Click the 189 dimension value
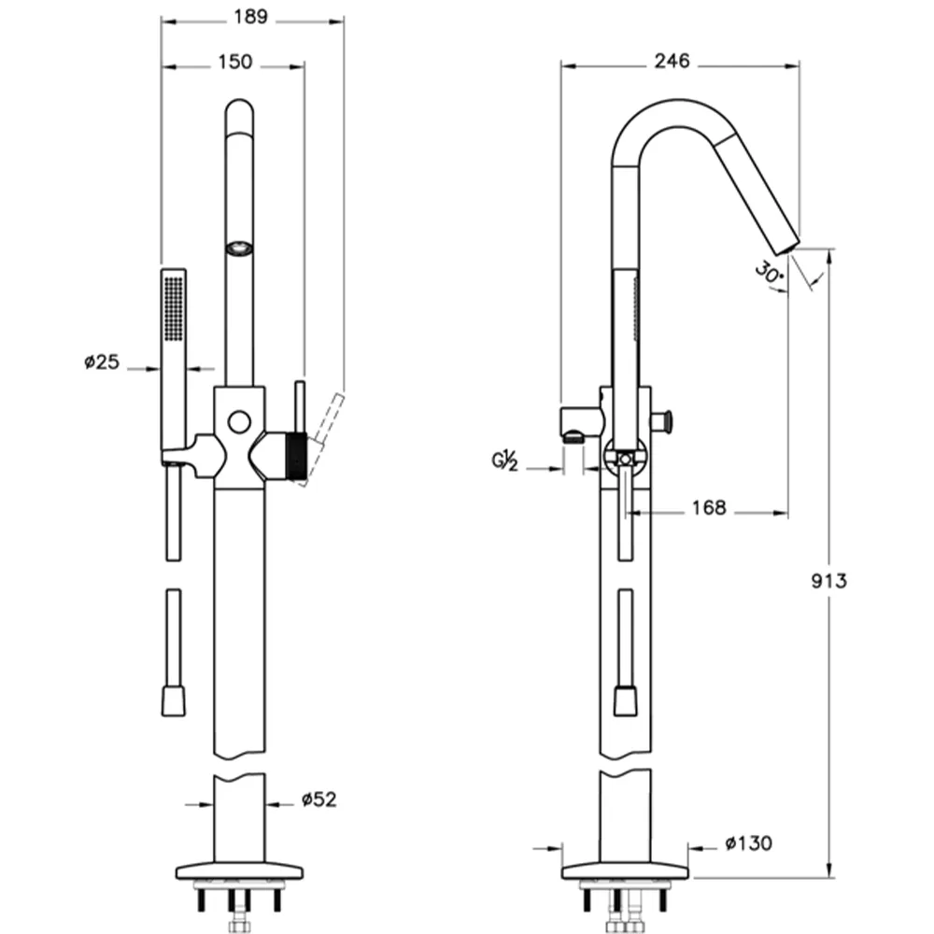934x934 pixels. (x=250, y=17)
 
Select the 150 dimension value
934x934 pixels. (x=234, y=62)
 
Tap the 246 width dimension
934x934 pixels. (x=672, y=61)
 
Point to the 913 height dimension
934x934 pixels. (x=828, y=581)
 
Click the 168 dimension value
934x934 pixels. (x=709, y=508)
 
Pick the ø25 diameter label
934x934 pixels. (x=102, y=361)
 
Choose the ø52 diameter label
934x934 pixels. (x=319, y=800)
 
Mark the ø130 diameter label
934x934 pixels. (x=749, y=843)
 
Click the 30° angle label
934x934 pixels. (x=769, y=273)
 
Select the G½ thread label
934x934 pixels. (x=504, y=460)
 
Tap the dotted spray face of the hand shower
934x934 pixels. (x=174, y=308)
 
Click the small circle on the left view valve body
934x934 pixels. (x=239, y=422)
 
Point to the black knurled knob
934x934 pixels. (x=296, y=457)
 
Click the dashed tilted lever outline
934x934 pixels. (x=323, y=439)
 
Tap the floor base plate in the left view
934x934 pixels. (x=239, y=870)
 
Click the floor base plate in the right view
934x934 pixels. (x=626, y=870)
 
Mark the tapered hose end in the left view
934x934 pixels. (x=174, y=701)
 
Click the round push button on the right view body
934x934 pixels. (x=669, y=421)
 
